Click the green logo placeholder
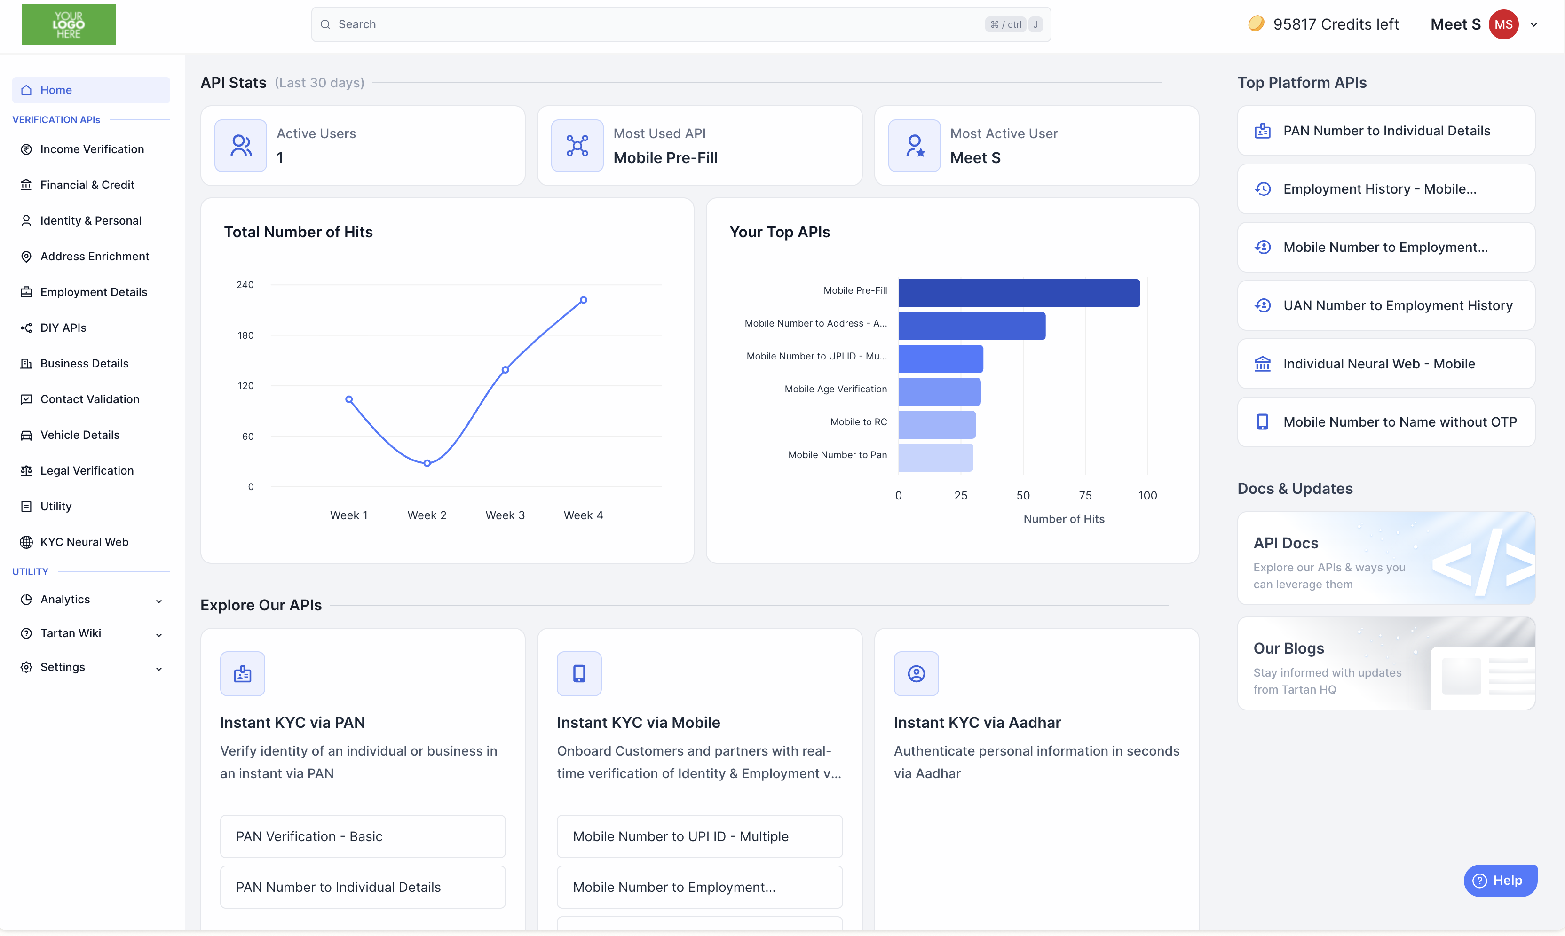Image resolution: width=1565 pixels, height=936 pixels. pyautogui.click(x=68, y=24)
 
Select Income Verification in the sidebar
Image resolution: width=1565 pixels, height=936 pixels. pyautogui.click(x=92, y=149)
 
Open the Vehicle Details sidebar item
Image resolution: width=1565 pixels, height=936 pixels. pyautogui.click(x=79, y=435)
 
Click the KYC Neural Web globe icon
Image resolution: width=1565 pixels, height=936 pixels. pyautogui.click(x=26, y=542)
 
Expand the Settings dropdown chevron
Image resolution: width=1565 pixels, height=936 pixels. pyautogui.click(x=159, y=669)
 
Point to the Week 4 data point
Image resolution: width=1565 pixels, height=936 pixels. pyautogui.click(x=584, y=300)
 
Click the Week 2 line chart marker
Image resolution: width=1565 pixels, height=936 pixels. pyautogui.click(x=427, y=463)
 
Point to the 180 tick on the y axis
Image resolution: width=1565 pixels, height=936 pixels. pyautogui.click(x=245, y=335)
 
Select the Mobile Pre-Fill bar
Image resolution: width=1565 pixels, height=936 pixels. pyautogui.click(x=1019, y=293)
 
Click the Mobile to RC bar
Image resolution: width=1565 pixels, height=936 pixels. pyautogui.click(x=937, y=424)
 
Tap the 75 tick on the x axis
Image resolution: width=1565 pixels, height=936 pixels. pyautogui.click(x=1085, y=495)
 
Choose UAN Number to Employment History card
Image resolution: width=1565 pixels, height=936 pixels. pyautogui.click(x=1386, y=305)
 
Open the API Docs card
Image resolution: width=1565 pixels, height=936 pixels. pyautogui.click(x=1386, y=558)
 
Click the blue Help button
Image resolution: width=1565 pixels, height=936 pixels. pyautogui.click(x=1500, y=880)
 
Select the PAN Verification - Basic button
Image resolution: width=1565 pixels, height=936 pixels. pyautogui.click(x=363, y=836)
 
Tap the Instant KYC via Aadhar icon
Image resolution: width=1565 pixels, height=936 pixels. pyautogui.click(x=916, y=674)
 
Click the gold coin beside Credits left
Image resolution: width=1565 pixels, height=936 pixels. pyautogui.click(x=1256, y=24)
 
